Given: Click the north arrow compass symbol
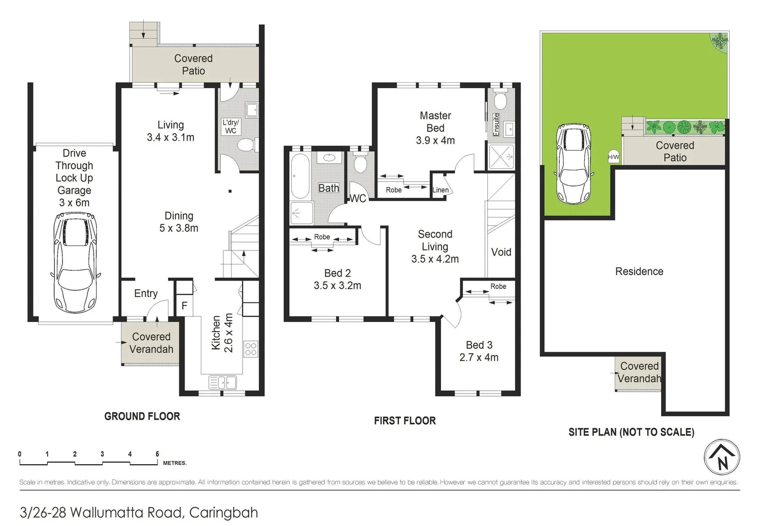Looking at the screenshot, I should coord(722,458).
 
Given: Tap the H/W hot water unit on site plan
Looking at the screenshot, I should coord(613,157).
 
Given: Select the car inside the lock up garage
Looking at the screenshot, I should coord(75,263).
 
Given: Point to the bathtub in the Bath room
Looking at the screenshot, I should coord(300,176).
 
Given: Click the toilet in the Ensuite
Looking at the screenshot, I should coord(500,100).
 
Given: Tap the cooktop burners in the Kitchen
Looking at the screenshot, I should coord(250,349).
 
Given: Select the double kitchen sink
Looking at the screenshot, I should coord(223,382).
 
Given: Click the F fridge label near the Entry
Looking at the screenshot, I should coord(184,306).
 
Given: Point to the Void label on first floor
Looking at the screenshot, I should coord(501,252).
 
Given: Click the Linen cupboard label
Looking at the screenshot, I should coord(440,190).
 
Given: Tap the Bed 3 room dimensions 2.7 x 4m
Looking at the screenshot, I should coord(479,357).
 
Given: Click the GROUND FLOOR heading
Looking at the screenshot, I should coord(142,416).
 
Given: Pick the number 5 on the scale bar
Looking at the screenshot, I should coord(157,454).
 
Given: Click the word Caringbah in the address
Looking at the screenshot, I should coord(223,512).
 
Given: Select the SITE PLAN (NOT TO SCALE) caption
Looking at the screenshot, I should coord(631,432).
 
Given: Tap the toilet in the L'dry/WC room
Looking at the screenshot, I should coord(246,145).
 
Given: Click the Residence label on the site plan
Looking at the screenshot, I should coord(639,272).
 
